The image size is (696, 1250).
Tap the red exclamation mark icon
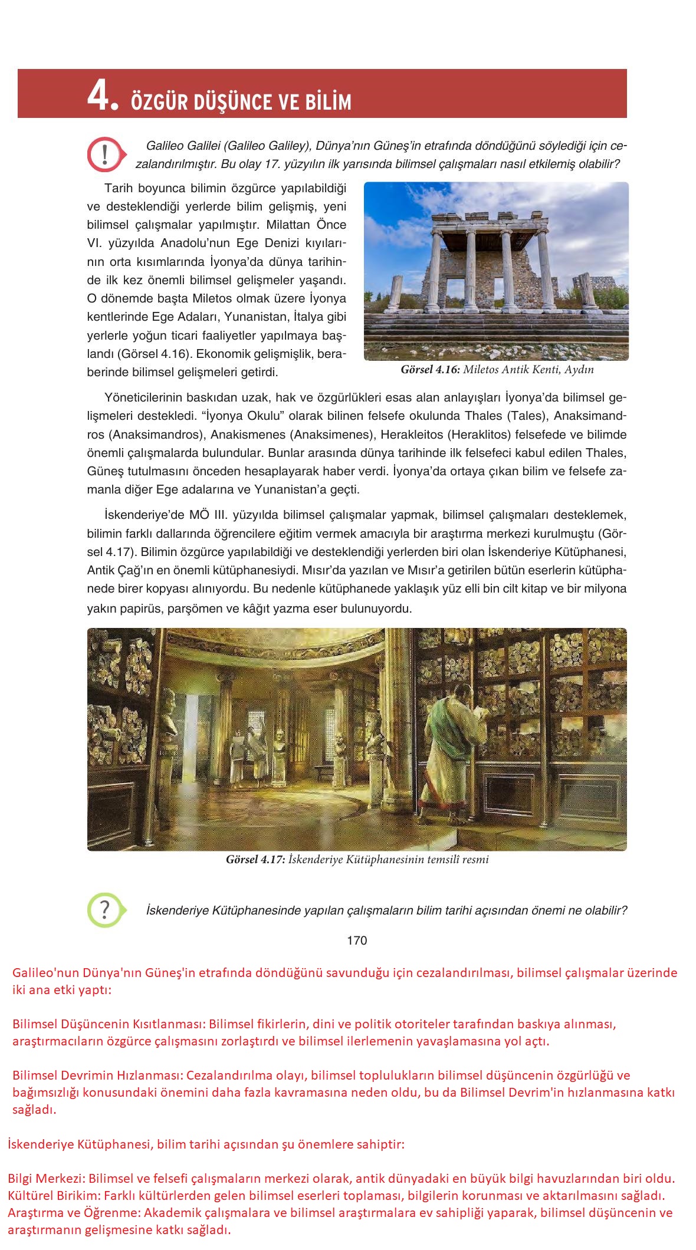(104, 154)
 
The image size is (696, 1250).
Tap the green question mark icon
(104, 910)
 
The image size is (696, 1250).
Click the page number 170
(357, 940)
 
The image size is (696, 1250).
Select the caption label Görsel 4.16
(430, 370)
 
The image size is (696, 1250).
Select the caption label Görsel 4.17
(255, 859)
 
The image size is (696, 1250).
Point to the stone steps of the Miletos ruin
(495, 333)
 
